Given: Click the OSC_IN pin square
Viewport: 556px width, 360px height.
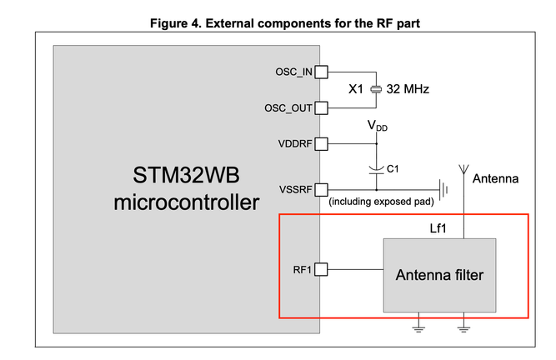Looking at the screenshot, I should click(321, 72).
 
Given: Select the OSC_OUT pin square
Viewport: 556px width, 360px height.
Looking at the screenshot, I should click(321, 107).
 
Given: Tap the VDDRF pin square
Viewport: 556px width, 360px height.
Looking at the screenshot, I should click(321, 143).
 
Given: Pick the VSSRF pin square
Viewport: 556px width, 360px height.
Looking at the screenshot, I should click(321, 189).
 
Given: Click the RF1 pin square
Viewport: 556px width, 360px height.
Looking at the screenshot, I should click(321, 269).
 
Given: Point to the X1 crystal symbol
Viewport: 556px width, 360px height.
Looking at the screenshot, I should click(376, 89).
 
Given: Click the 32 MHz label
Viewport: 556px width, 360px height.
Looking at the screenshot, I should click(408, 89).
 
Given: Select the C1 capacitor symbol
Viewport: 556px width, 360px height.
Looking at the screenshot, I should click(376, 169).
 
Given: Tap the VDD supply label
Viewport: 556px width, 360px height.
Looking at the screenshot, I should click(377, 126).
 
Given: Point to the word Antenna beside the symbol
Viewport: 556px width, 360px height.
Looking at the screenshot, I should click(495, 179).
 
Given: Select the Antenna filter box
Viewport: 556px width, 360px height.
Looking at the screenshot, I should click(439, 274).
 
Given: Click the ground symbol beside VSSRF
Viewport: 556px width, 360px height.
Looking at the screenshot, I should click(445, 189).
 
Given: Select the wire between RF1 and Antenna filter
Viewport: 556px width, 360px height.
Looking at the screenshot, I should click(355, 269).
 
